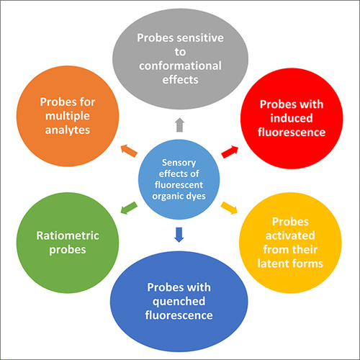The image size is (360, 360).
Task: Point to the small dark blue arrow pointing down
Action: (x=179, y=232)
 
